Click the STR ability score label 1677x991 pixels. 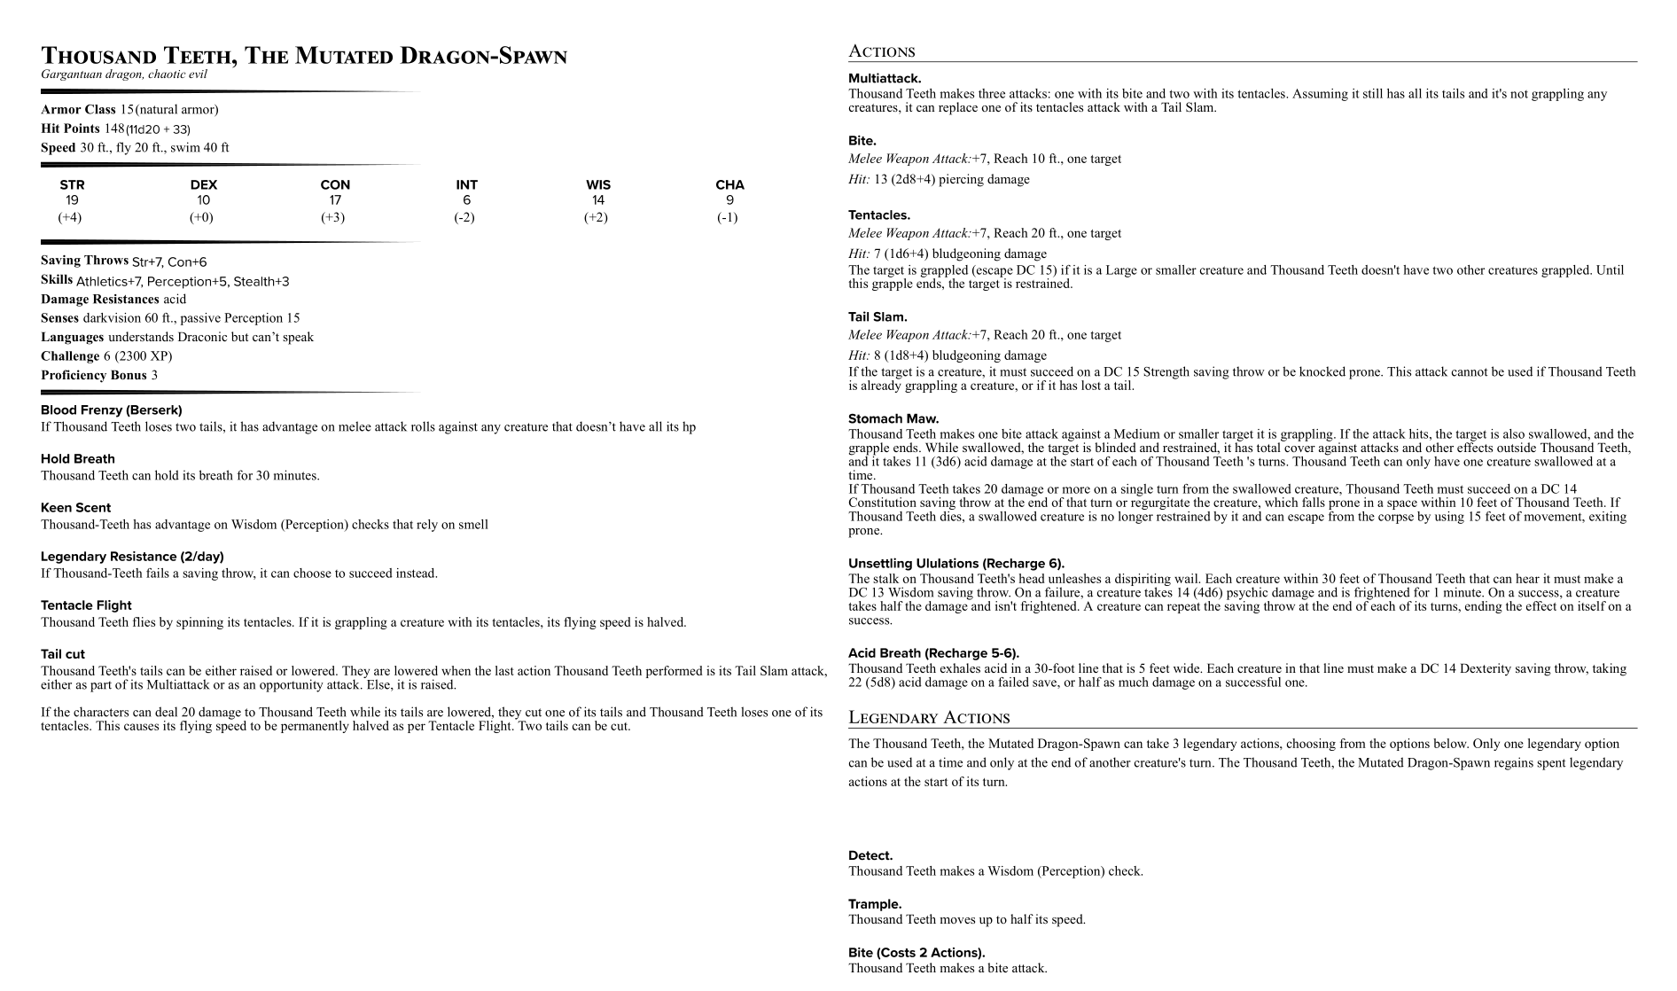pyautogui.click(x=72, y=184)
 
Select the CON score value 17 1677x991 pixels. pyautogui.click(x=335, y=200)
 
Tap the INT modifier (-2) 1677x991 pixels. pyautogui.click(x=464, y=217)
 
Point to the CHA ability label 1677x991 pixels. pyautogui.click(x=729, y=184)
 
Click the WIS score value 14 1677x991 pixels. pyautogui.click(x=598, y=200)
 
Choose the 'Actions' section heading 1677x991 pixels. pyautogui.click(x=881, y=51)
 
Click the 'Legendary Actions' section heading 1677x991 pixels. pyautogui.click(x=929, y=718)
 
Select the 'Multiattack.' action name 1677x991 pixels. pyautogui.click(x=885, y=79)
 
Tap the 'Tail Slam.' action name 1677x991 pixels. pyautogui.click(x=877, y=316)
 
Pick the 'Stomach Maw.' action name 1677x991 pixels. pyautogui.click(x=893, y=418)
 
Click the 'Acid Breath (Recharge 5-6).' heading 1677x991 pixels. pyautogui.click(x=933, y=653)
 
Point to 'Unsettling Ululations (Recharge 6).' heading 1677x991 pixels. pyautogui.click(x=956, y=564)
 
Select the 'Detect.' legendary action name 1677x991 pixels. pyautogui.click(x=870, y=855)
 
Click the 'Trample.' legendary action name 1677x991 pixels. pyautogui.click(x=875, y=904)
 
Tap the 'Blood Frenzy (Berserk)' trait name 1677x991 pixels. pyautogui.click(x=111, y=410)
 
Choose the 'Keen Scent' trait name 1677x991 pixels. pyautogui.click(x=75, y=508)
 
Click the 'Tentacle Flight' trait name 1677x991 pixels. pyautogui.click(x=86, y=605)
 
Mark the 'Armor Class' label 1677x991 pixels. pyautogui.click(x=78, y=110)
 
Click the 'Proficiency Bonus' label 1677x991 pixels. pyautogui.click(x=93, y=375)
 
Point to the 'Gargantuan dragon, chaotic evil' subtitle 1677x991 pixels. pyautogui.click(x=124, y=74)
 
